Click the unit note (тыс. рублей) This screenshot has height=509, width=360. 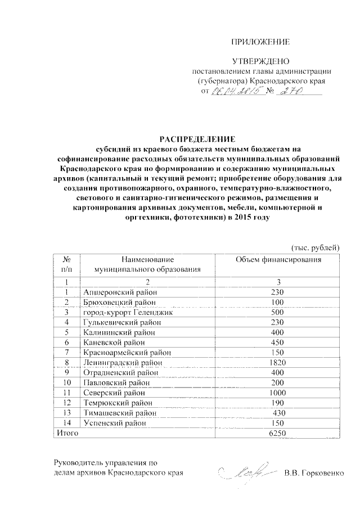(x=315, y=247)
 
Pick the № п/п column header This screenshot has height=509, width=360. (x=66, y=264)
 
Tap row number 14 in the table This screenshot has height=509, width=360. (x=66, y=423)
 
